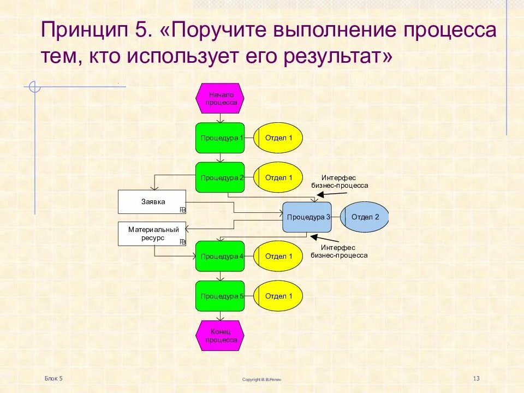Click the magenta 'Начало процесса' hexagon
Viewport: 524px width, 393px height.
(x=220, y=98)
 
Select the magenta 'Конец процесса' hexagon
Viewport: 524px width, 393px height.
(x=220, y=336)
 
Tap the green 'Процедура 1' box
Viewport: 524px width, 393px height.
(x=220, y=138)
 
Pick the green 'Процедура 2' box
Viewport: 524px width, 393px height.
(x=220, y=177)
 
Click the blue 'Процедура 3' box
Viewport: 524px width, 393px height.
(x=307, y=217)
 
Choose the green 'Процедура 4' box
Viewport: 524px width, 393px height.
(x=220, y=256)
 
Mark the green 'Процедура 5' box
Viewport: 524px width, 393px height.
(x=220, y=296)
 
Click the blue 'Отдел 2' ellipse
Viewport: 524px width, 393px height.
(x=365, y=217)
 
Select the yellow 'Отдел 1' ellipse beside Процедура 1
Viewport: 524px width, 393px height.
(x=278, y=138)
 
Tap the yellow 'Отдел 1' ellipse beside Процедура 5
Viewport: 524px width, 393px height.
(x=278, y=296)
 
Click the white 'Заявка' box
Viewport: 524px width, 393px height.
(x=152, y=202)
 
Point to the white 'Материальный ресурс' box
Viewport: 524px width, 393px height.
(x=152, y=234)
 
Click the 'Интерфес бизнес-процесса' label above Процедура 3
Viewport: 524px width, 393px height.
(x=339, y=181)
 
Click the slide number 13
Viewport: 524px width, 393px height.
(x=476, y=379)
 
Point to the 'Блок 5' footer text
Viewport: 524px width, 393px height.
(x=54, y=378)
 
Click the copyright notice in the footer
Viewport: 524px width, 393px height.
(x=262, y=379)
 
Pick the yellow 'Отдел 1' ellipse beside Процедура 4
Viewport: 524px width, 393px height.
(x=278, y=256)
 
